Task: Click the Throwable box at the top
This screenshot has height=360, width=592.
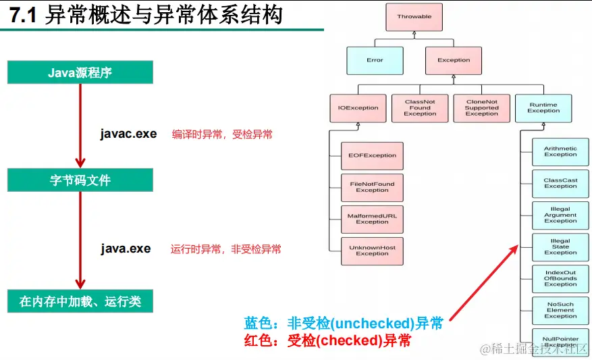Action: [414, 17]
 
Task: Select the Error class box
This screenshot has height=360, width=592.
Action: [375, 60]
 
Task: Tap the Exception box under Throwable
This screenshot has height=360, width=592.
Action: [454, 60]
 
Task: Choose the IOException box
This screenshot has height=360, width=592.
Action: [358, 108]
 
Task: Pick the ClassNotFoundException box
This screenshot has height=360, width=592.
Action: [420, 108]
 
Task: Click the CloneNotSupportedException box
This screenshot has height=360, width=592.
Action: [481, 108]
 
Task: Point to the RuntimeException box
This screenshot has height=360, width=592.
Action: [543, 108]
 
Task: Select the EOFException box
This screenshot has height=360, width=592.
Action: [372, 156]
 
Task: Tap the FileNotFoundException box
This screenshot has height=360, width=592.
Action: [372, 187]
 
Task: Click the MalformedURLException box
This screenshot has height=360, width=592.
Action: [372, 219]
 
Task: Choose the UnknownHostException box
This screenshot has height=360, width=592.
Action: [372, 251]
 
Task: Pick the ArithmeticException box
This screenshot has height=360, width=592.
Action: [560, 152]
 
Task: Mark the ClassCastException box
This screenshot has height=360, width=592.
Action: [560, 184]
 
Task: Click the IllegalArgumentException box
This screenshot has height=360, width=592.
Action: [560, 215]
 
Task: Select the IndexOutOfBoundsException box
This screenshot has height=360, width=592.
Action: [560, 279]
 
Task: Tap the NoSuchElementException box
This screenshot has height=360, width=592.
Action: [560, 311]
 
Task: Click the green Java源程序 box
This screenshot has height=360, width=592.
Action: [80, 73]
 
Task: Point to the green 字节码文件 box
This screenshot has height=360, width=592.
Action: [80, 180]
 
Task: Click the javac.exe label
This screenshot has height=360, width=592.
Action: [128, 134]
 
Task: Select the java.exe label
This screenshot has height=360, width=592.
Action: [126, 249]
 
